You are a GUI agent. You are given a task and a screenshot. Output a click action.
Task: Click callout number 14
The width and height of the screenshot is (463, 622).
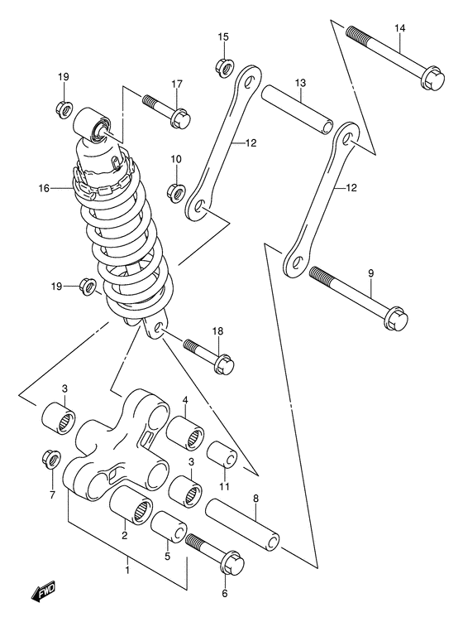click(x=399, y=28)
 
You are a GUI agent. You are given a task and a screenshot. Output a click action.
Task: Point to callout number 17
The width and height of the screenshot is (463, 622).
click(x=177, y=84)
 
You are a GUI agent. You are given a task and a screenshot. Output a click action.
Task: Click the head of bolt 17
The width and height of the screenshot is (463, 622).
click(x=181, y=118)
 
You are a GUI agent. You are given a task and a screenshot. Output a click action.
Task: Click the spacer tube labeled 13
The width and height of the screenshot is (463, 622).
click(x=296, y=112)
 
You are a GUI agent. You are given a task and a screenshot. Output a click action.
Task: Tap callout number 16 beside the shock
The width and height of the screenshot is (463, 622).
click(x=45, y=188)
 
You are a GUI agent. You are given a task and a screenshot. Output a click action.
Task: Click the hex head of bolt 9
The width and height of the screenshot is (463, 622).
click(x=396, y=318)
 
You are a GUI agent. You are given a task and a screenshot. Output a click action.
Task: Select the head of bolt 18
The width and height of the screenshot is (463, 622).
click(x=224, y=364)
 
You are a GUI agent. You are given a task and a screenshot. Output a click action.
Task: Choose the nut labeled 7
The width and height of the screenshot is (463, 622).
click(x=50, y=459)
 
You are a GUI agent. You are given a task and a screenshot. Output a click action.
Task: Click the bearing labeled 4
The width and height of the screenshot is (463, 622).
click(x=185, y=433)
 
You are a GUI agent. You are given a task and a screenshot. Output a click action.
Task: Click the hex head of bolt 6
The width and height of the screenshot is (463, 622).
click(x=232, y=562)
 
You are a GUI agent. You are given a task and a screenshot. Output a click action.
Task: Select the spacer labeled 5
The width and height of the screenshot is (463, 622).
click(x=169, y=528)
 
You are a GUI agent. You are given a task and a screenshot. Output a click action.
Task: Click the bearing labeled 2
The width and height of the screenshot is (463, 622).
click(x=131, y=505)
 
